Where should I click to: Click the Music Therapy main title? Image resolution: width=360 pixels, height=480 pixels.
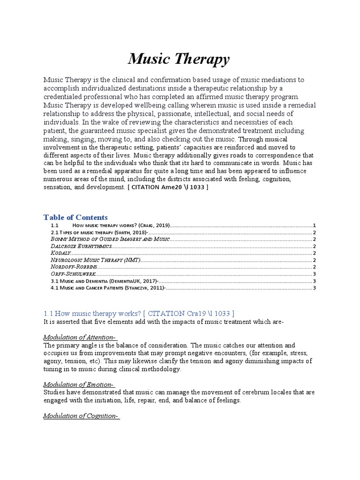click(x=179, y=60)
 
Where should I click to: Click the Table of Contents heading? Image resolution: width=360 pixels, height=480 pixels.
click(x=75, y=217)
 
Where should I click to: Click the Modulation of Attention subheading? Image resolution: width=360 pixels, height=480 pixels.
click(x=80, y=337)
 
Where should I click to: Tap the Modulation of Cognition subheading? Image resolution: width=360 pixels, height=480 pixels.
click(x=81, y=416)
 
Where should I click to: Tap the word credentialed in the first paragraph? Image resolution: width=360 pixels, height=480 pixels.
click(x=63, y=97)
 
